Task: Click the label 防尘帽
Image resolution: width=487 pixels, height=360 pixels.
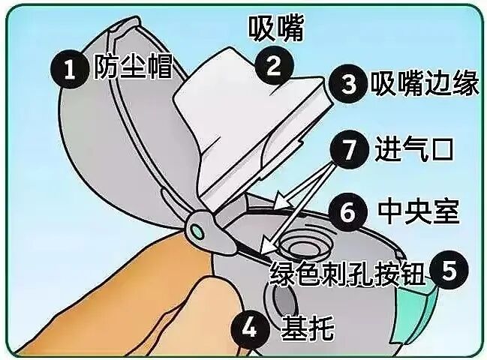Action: [x=132, y=69]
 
